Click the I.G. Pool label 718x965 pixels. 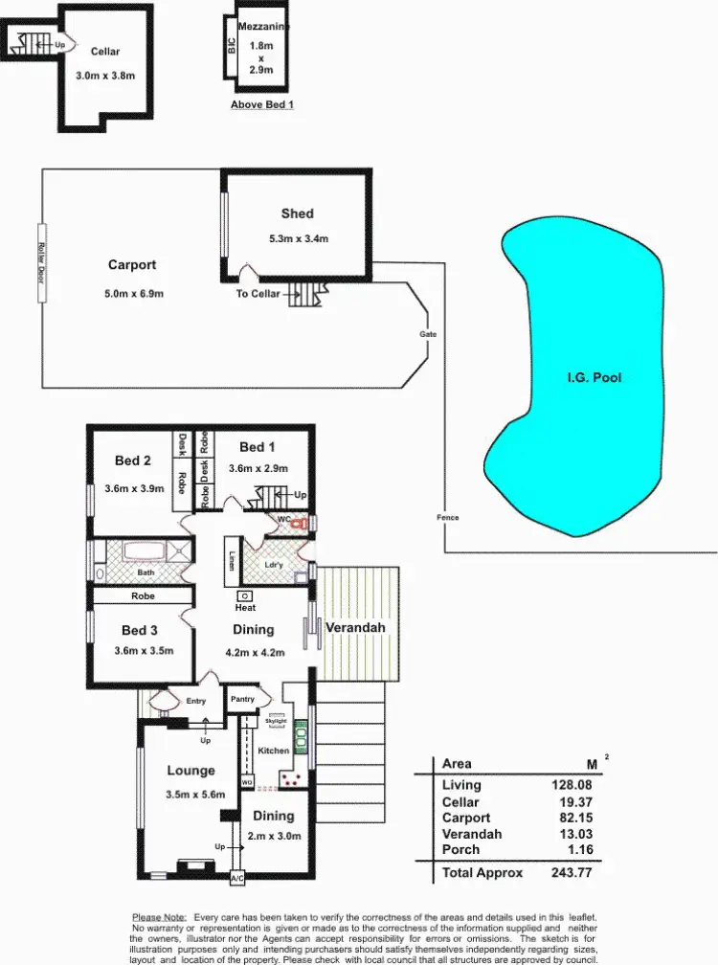tap(594, 377)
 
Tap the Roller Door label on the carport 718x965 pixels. tap(41, 263)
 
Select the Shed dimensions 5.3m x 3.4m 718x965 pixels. tap(298, 238)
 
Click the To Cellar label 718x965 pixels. tap(258, 294)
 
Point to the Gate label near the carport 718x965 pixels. tap(427, 334)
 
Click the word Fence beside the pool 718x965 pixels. tap(447, 518)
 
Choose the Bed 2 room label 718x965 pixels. tap(134, 460)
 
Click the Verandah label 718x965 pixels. tap(355, 628)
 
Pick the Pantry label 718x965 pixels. tap(242, 699)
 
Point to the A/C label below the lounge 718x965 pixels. tap(236, 877)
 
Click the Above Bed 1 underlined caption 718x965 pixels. tap(262, 104)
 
